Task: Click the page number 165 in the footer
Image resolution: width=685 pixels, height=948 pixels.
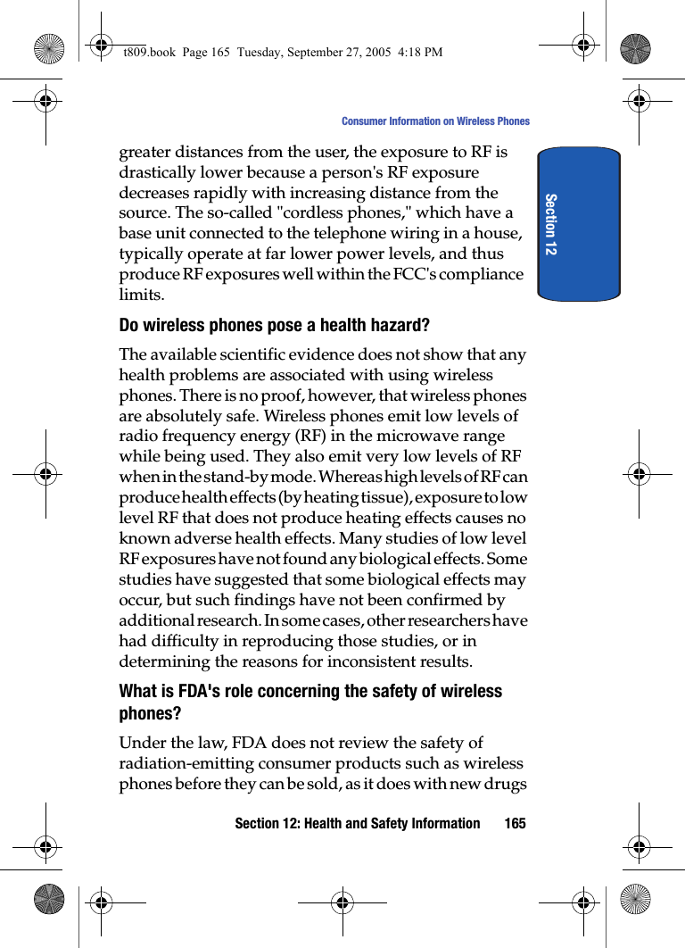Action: click(515, 823)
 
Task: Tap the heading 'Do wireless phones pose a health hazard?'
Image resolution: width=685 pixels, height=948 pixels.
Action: click(275, 325)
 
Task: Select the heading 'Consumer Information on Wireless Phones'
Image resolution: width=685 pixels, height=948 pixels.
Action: click(435, 121)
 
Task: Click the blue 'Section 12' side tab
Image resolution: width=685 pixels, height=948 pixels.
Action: click(578, 223)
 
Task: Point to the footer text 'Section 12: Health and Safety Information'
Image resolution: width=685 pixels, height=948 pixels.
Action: click(357, 823)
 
